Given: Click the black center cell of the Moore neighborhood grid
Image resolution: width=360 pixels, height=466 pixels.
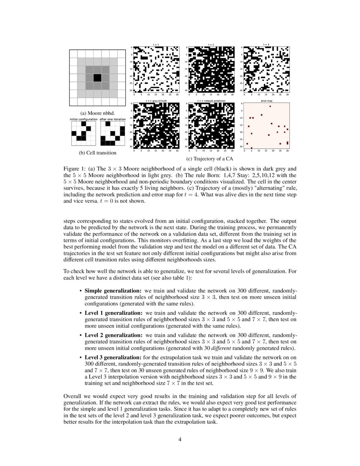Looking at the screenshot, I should (x=97, y=78).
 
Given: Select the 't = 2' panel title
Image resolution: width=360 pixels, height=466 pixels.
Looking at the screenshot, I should (x=210, y=44).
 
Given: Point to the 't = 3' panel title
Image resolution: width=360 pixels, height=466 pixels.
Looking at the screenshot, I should (x=266, y=44).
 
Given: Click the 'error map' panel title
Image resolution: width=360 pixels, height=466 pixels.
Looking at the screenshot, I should (x=266, y=101).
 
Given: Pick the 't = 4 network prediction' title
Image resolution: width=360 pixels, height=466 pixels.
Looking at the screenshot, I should (x=210, y=101).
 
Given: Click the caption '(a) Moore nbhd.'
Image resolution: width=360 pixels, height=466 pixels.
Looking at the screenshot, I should (x=97, y=113).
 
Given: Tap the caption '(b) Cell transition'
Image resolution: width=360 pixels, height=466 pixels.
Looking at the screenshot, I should (x=97, y=153).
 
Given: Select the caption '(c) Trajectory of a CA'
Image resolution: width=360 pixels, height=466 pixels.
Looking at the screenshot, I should (x=210, y=159).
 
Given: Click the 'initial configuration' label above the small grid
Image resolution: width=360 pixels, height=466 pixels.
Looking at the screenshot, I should (x=83, y=119).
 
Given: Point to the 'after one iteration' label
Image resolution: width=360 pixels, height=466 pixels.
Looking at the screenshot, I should (x=113, y=119).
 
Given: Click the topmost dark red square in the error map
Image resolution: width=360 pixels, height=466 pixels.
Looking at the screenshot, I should (x=270, y=107).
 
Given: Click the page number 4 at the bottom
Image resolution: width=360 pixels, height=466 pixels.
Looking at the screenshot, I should (x=180, y=439).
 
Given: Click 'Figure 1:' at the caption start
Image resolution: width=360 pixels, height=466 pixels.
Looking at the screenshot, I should (x=75, y=168).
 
